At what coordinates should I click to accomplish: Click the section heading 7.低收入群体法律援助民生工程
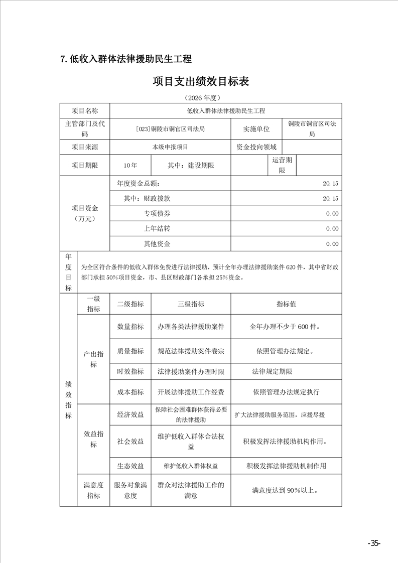[125, 59]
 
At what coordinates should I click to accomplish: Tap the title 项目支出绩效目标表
[201, 81]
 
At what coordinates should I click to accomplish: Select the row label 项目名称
[84, 110]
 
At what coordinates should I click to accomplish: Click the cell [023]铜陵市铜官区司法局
[170, 128]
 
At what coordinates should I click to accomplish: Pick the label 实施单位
[256, 128]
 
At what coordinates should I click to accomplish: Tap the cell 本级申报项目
[170, 147]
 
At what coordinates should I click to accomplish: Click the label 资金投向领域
[256, 147]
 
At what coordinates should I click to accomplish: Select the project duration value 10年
[129, 165]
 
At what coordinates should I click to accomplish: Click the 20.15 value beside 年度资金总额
[331, 184]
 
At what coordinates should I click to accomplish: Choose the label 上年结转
[157, 229]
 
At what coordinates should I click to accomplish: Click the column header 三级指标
[191, 304]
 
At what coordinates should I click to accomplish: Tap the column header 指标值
[286, 304]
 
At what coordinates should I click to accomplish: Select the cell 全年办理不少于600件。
[286, 327]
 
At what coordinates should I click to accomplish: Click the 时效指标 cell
[130, 372]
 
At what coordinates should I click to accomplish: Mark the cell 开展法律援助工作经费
[191, 392]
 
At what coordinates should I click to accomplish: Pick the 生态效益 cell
[130, 466]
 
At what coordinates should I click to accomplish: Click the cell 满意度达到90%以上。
[286, 490]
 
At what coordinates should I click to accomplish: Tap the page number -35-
[374, 543]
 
